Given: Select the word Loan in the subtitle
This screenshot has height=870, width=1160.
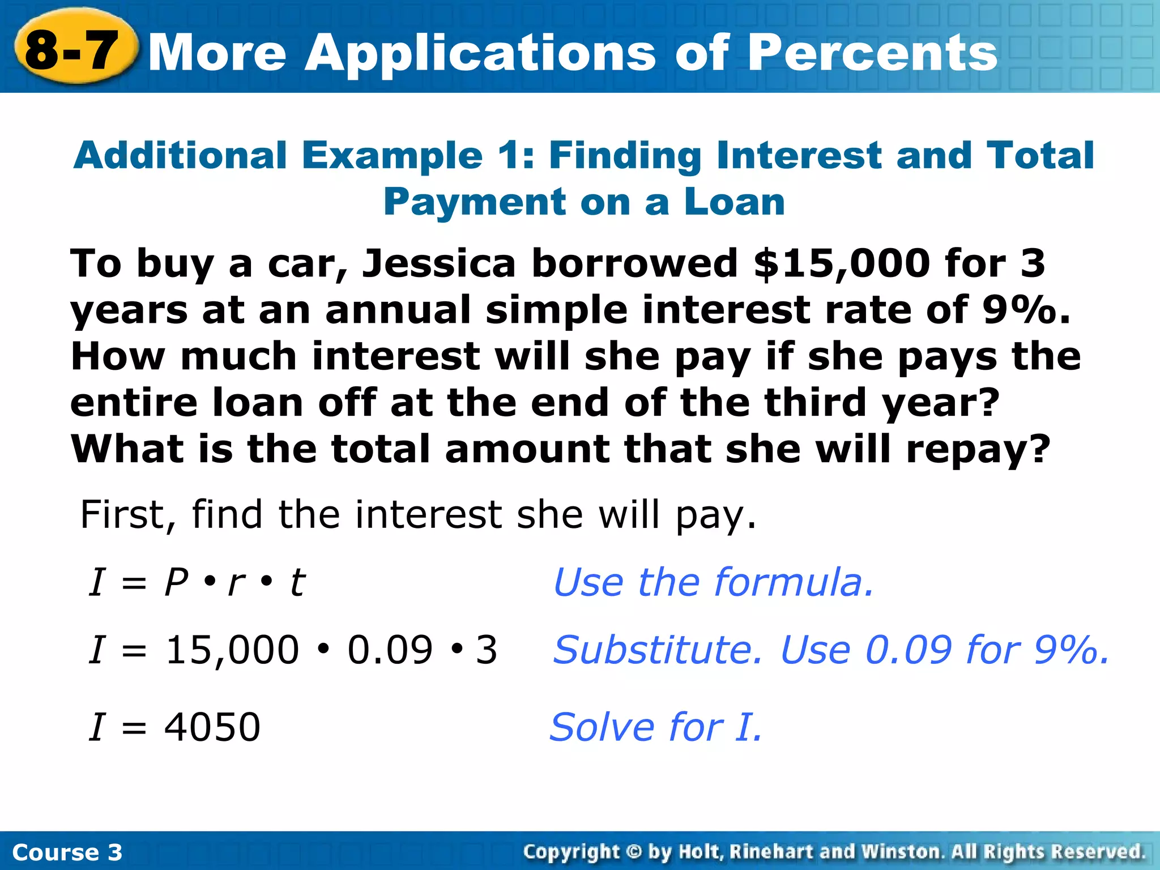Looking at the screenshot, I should point(734,202).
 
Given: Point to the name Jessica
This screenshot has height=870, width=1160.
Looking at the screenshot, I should point(439,264).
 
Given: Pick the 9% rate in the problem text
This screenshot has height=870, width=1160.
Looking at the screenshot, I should point(1020,310).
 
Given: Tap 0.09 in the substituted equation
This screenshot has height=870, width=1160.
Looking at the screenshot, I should point(390,650).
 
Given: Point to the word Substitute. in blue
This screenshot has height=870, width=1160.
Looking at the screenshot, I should point(658,650).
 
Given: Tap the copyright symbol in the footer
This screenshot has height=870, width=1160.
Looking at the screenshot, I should point(634,852).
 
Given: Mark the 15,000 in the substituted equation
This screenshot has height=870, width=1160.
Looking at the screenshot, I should point(232,650).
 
